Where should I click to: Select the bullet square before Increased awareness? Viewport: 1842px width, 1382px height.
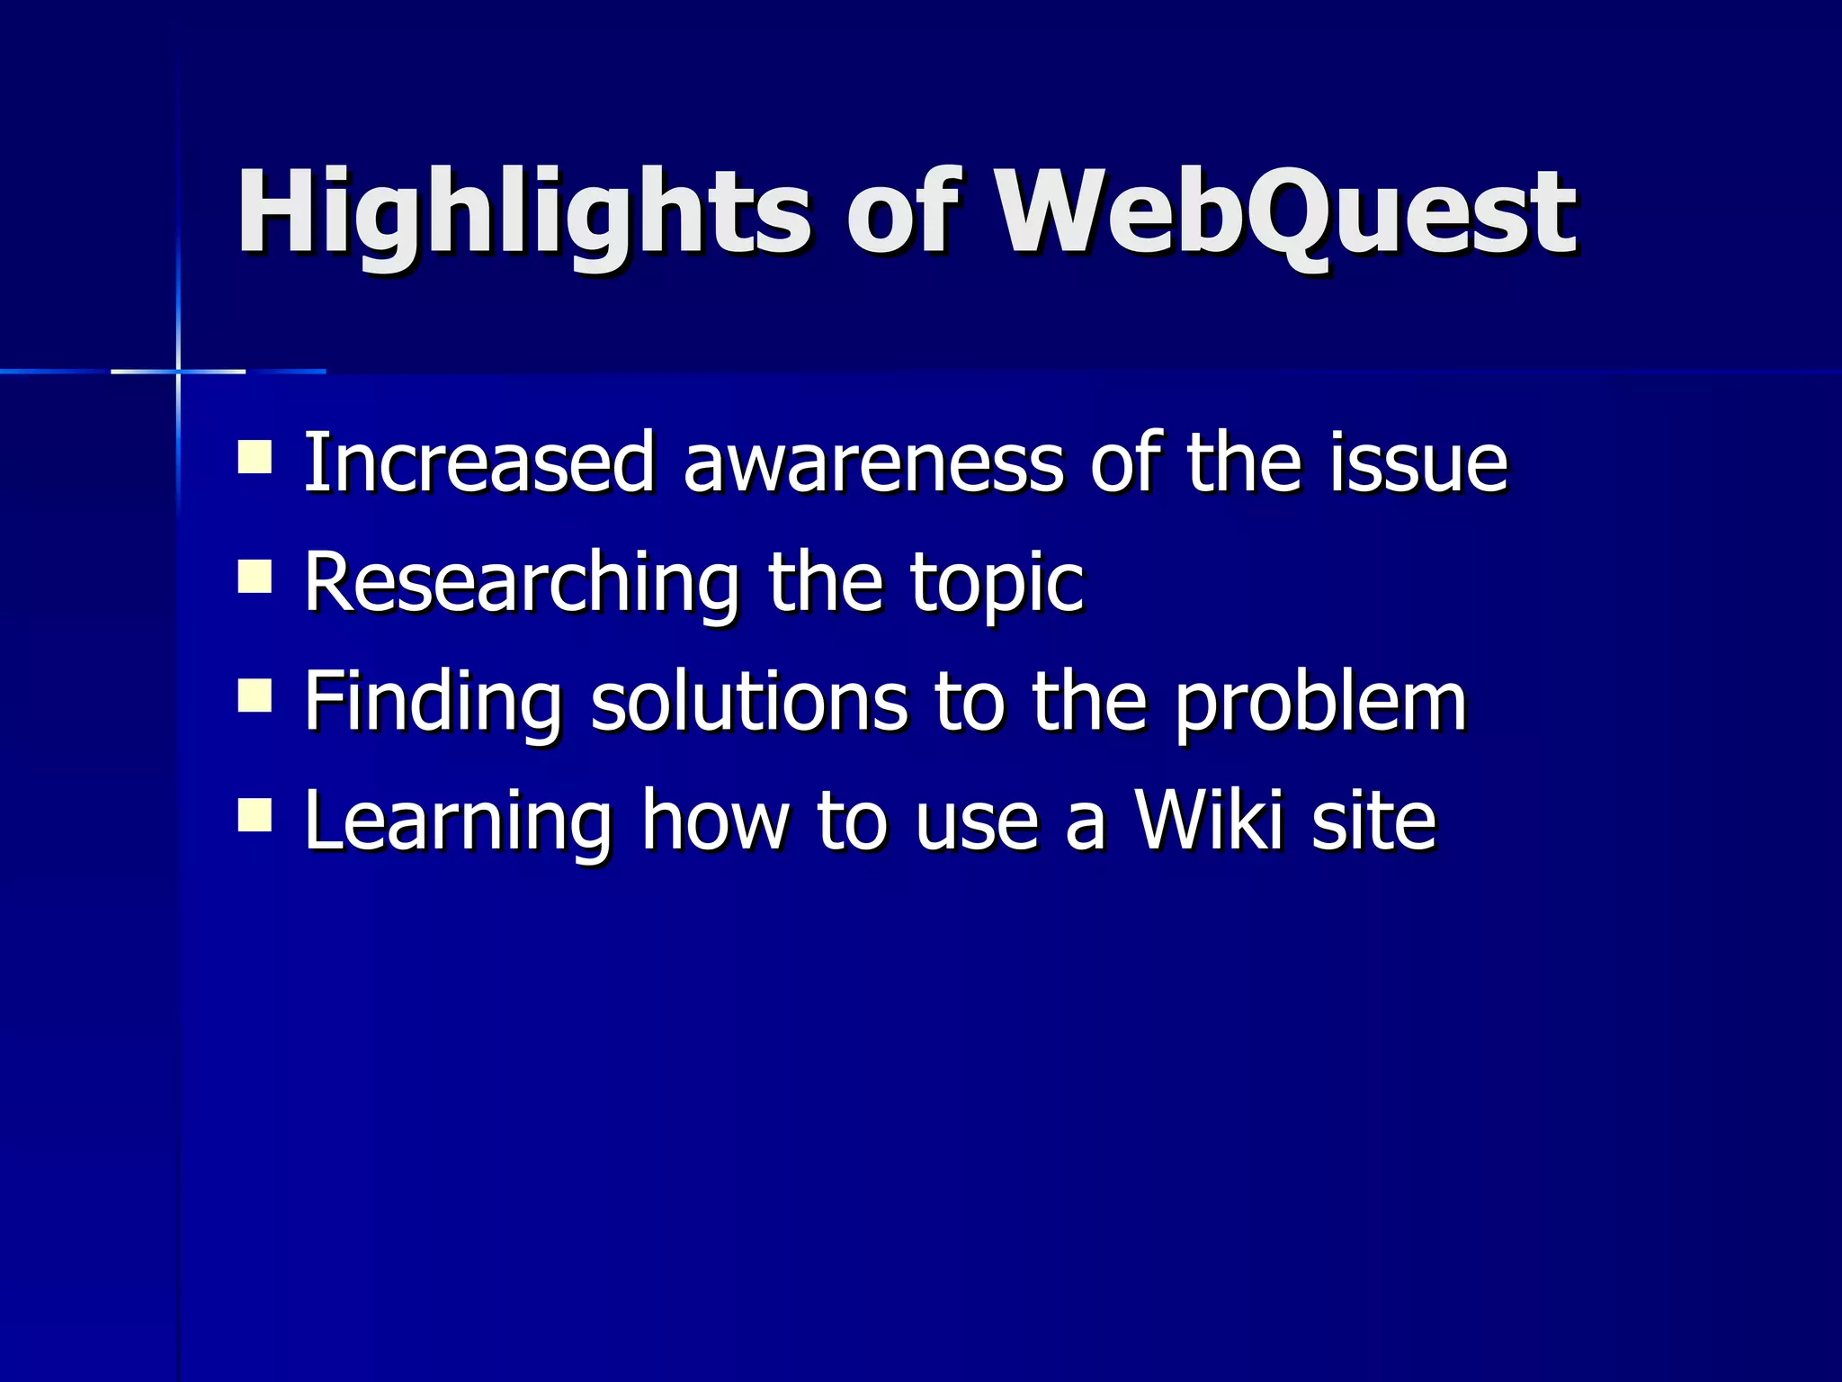pos(255,456)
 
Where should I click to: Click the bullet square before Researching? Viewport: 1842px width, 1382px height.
pos(255,577)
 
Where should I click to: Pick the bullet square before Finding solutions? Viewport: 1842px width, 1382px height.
pos(255,695)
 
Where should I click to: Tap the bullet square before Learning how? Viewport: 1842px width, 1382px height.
pos(255,815)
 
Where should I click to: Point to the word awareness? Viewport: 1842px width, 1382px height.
pos(872,464)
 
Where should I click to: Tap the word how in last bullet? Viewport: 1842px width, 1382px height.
pos(714,821)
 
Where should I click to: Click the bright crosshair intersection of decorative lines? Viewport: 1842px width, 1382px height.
pos(178,371)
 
